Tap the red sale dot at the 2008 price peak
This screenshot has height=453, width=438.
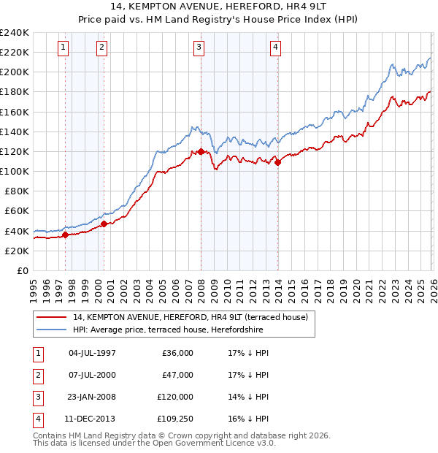201,151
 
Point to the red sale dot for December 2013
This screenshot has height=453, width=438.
277,162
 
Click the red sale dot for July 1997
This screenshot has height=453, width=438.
65,235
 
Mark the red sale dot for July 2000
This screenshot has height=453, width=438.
104,224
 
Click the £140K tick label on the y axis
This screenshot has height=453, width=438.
15,132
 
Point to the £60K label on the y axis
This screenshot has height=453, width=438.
17,210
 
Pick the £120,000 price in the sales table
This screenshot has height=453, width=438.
175,397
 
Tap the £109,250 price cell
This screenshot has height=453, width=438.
175,419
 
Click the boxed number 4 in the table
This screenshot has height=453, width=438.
36,419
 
